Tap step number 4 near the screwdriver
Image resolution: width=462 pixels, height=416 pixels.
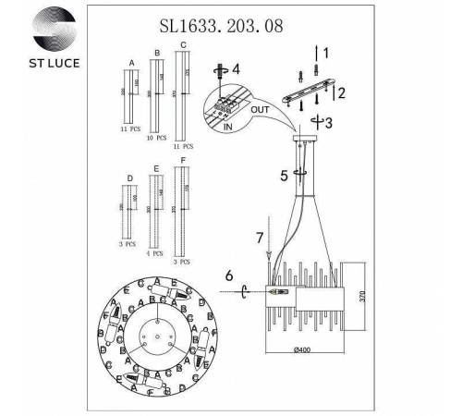(236, 68)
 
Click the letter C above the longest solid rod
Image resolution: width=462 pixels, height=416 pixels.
(183, 44)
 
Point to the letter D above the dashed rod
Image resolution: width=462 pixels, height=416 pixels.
(130, 177)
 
